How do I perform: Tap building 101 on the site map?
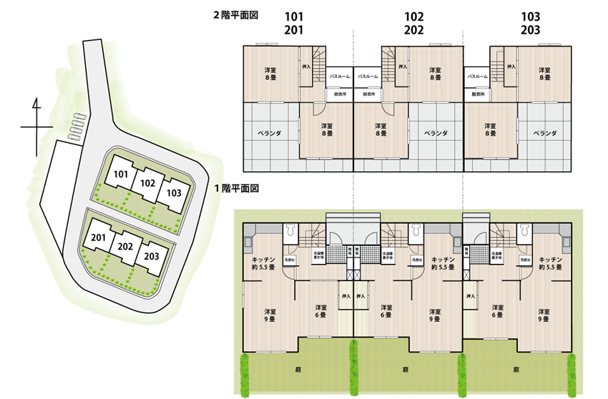121,174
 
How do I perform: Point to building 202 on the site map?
148,183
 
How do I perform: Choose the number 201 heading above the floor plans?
294,30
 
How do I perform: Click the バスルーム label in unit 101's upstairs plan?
339,76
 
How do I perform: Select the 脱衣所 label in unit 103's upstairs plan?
475,94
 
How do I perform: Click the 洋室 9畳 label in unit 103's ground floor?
544,315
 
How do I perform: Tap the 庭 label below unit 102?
405,370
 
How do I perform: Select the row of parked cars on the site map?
75,125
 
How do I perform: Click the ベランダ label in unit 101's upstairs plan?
269,133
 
